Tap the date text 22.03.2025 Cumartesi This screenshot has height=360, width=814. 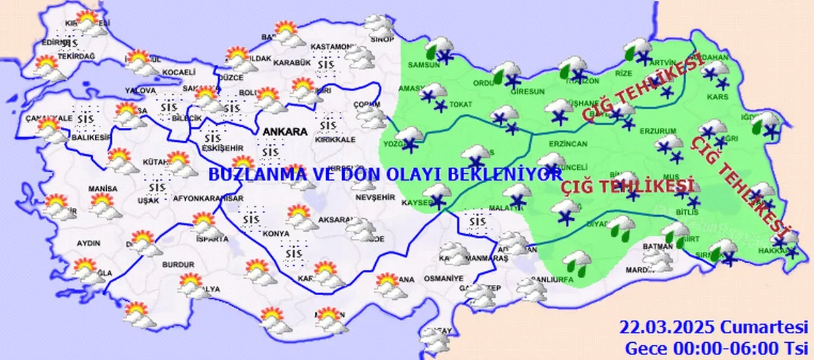click(x=715, y=328)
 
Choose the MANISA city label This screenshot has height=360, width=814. click(x=103, y=189)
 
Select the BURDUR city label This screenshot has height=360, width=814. click(x=178, y=264)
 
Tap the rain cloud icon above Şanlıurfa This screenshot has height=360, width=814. click(x=577, y=261)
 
